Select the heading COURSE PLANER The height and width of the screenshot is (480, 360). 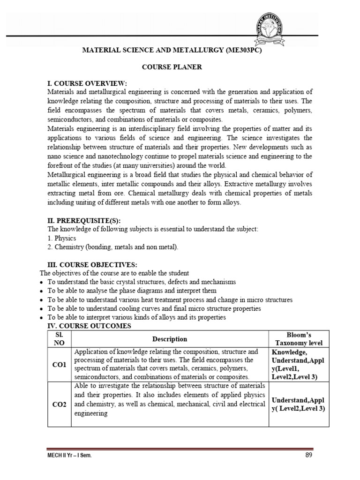pos(172,67)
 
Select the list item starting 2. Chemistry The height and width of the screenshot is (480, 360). pos(112,247)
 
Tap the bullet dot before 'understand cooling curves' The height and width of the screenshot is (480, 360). pos(42,309)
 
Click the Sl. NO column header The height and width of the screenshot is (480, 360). pos(60,339)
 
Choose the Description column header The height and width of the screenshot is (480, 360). pos(169,339)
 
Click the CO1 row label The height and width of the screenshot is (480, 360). pos(60,364)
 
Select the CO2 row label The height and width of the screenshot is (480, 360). pos(60,404)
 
